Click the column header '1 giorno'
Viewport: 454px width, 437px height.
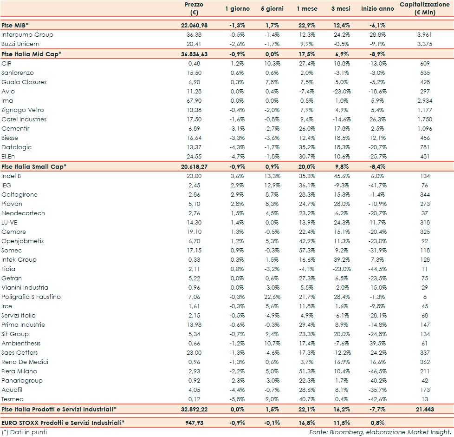click(237, 9)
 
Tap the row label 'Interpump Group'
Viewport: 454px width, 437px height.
click(27, 35)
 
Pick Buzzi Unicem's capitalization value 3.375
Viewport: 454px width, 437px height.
click(425, 44)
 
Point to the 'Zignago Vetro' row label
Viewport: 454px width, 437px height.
click(23, 110)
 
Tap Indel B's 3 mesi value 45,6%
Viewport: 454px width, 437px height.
click(342, 176)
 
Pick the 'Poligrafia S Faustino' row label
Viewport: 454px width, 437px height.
click(31, 297)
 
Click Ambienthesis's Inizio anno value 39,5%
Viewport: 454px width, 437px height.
click(377, 344)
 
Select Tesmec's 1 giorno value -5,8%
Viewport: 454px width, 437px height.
click(241, 399)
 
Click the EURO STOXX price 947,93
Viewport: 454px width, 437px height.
click(198, 423)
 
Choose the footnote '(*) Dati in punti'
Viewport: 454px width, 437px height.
click(24, 432)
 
